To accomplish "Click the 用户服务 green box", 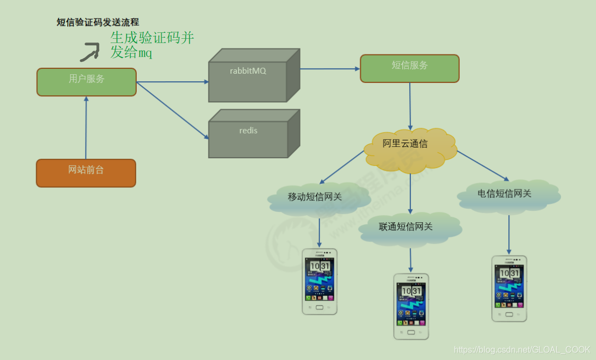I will (86, 82).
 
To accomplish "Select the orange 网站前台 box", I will (86, 173).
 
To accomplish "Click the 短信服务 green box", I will (409, 68).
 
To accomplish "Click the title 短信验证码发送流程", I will (98, 22).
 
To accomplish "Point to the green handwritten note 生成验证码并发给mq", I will (151, 45).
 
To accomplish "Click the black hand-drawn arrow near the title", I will (89, 52).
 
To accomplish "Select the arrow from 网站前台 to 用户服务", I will (86, 128).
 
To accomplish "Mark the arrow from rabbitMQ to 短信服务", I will (329, 69).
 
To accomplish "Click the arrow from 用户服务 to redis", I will (172, 110).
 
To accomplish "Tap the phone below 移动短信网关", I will (319, 281).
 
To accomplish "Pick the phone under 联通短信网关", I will (411, 306).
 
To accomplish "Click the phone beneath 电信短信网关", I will (509, 288).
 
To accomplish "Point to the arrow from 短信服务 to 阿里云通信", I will (410, 105).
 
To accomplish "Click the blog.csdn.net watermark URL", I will (522, 350).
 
